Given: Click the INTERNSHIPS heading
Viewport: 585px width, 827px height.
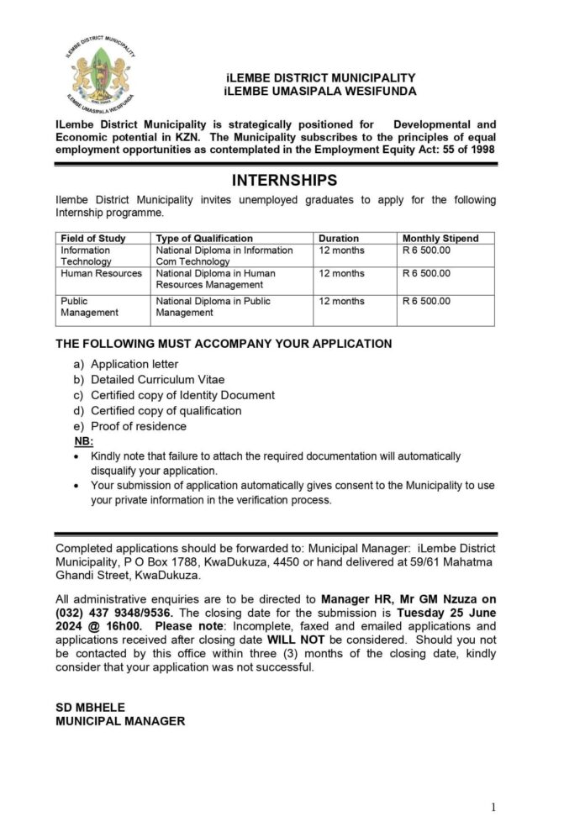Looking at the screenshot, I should [283, 180].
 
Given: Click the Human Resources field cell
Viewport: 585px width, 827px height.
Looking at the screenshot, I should [101, 273].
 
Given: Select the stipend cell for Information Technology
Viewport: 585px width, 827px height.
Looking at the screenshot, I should [427, 250].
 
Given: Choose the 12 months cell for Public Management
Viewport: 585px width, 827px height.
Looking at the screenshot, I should [341, 301].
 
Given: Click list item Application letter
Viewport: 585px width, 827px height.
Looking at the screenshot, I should [134, 364].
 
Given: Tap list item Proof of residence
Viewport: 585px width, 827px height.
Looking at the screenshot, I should [139, 426].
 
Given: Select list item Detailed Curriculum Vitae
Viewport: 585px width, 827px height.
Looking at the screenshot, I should [157, 380].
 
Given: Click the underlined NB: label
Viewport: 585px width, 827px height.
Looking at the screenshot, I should [84, 441].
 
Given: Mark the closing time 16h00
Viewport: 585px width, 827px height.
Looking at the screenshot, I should [124, 626].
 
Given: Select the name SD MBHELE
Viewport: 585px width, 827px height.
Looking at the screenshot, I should [89, 708].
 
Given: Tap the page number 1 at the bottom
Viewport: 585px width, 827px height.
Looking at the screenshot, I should [493, 807].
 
